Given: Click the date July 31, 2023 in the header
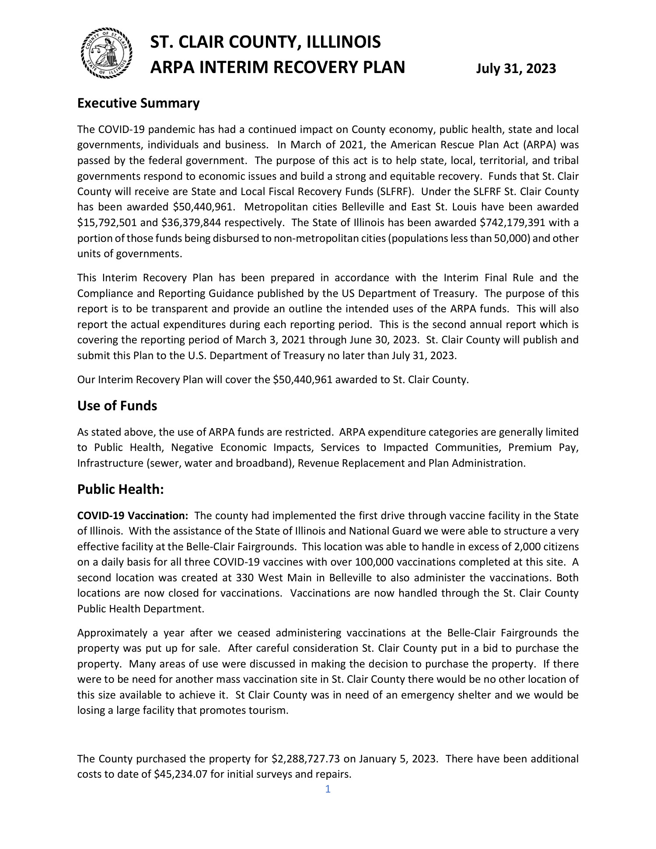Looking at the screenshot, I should pos(516,69).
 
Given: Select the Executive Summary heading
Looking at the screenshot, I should pos(138,103).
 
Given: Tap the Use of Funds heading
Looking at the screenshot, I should pos(117,406).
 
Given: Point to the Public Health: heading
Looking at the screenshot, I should pos(120,489).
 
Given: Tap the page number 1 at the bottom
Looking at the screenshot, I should pos(328,789).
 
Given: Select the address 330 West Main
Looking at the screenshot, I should pos(270,578).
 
